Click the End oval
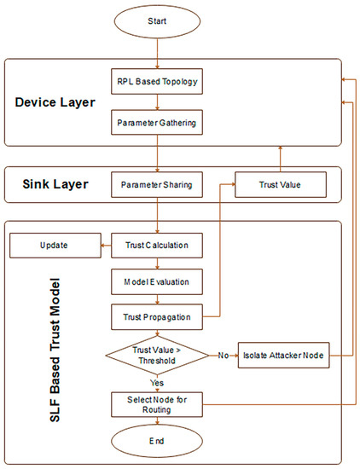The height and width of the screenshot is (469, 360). (x=157, y=443)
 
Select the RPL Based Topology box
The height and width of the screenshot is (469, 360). (x=157, y=83)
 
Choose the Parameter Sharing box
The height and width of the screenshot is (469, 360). (x=157, y=182)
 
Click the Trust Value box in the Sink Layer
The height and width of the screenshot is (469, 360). (x=269, y=182)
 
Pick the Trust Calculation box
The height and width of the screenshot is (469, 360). (x=157, y=247)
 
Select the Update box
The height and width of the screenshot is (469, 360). (x=51, y=247)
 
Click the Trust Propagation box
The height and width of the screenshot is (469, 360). (x=157, y=317)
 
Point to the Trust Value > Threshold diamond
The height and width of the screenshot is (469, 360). (x=157, y=355)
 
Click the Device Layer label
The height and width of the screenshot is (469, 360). (x=55, y=103)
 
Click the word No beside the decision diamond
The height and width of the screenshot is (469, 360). (x=222, y=353)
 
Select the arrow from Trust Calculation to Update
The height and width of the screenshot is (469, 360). (x=106, y=247)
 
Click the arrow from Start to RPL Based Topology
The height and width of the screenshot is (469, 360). (x=157, y=51)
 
